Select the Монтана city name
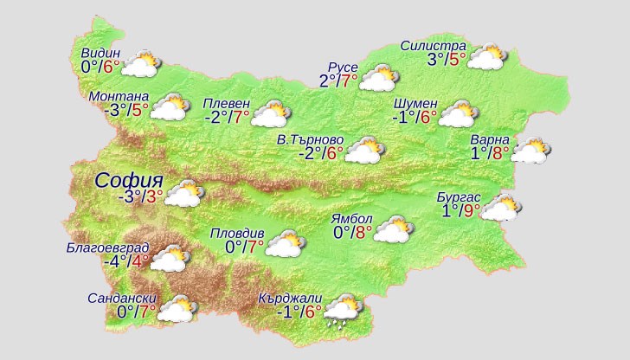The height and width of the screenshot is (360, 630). click(x=119, y=96)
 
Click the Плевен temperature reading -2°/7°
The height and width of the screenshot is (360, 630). click(x=226, y=117)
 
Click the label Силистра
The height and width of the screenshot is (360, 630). click(x=434, y=46)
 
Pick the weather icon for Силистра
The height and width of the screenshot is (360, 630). click(x=486, y=58)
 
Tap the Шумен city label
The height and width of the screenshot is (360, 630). click(x=415, y=104)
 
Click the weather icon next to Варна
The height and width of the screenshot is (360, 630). click(x=530, y=151)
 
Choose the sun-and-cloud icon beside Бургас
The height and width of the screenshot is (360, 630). click(x=501, y=209)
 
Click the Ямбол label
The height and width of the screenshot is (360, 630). click(x=353, y=218)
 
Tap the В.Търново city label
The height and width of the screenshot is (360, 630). click(x=310, y=139)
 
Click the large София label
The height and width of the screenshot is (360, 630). click(x=129, y=181)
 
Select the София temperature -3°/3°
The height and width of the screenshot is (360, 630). click(x=141, y=196)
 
